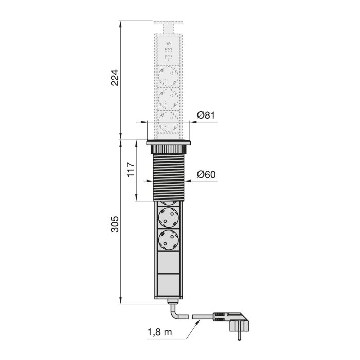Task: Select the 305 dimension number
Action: click(x=116, y=223)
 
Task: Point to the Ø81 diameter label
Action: click(x=206, y=115)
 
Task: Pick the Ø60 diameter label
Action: click(x=206, y=174)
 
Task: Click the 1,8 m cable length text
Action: click(x=159, y=332)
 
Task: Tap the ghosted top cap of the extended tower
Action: click(x=169, y=25)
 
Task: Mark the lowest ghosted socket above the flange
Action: click(x=169, y=121)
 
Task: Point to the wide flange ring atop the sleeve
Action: click(x=169, y=143)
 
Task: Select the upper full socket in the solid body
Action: click(x=169, y=217)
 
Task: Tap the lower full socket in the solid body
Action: click(x=169, y=239)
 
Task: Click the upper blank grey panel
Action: click(x=169, y=262)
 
